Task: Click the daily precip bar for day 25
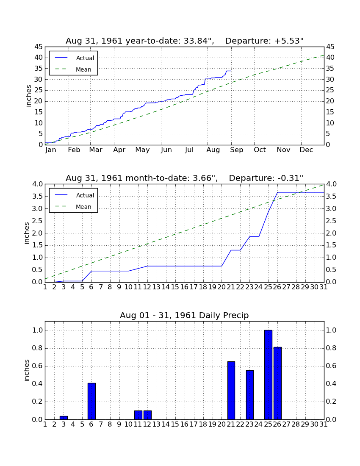(268, 375)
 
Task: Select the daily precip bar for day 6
(91, 401)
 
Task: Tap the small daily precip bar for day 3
(64, 418)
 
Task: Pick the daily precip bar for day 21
(231, 391)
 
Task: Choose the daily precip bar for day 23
(250, 395)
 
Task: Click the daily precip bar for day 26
(277, 383)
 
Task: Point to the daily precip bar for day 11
(138, 415)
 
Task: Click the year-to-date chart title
(185, 41)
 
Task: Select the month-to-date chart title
(185, 178)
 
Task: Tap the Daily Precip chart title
(185, 315)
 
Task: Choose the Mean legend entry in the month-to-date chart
(73, 207)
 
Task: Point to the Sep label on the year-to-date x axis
(237, 150)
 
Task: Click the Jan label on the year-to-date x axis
(51, 150)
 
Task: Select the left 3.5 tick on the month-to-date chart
(37, 197)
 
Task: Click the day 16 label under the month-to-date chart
(185, 287)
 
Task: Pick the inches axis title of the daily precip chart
(27, 370)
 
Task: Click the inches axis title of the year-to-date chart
(28, 96)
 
